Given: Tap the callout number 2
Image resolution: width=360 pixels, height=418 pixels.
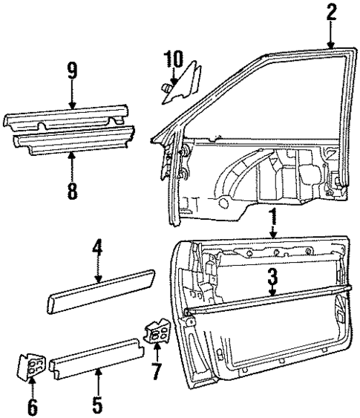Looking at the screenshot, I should click(330, 13).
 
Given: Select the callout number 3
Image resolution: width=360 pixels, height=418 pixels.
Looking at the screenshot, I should click(272, 278).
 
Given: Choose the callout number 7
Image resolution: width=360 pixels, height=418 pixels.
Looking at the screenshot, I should click(155, 368).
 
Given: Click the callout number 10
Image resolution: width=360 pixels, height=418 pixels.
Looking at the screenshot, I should click(173, 58).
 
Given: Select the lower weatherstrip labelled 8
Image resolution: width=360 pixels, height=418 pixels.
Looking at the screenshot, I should click(72, 140).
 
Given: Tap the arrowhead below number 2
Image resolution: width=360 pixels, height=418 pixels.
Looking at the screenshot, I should click(330, 46).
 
